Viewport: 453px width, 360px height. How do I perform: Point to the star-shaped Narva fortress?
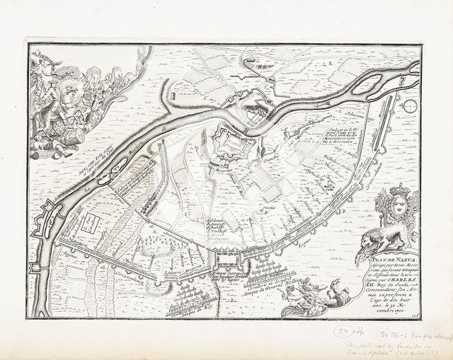pyautogui.click(x=234, y=145)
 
